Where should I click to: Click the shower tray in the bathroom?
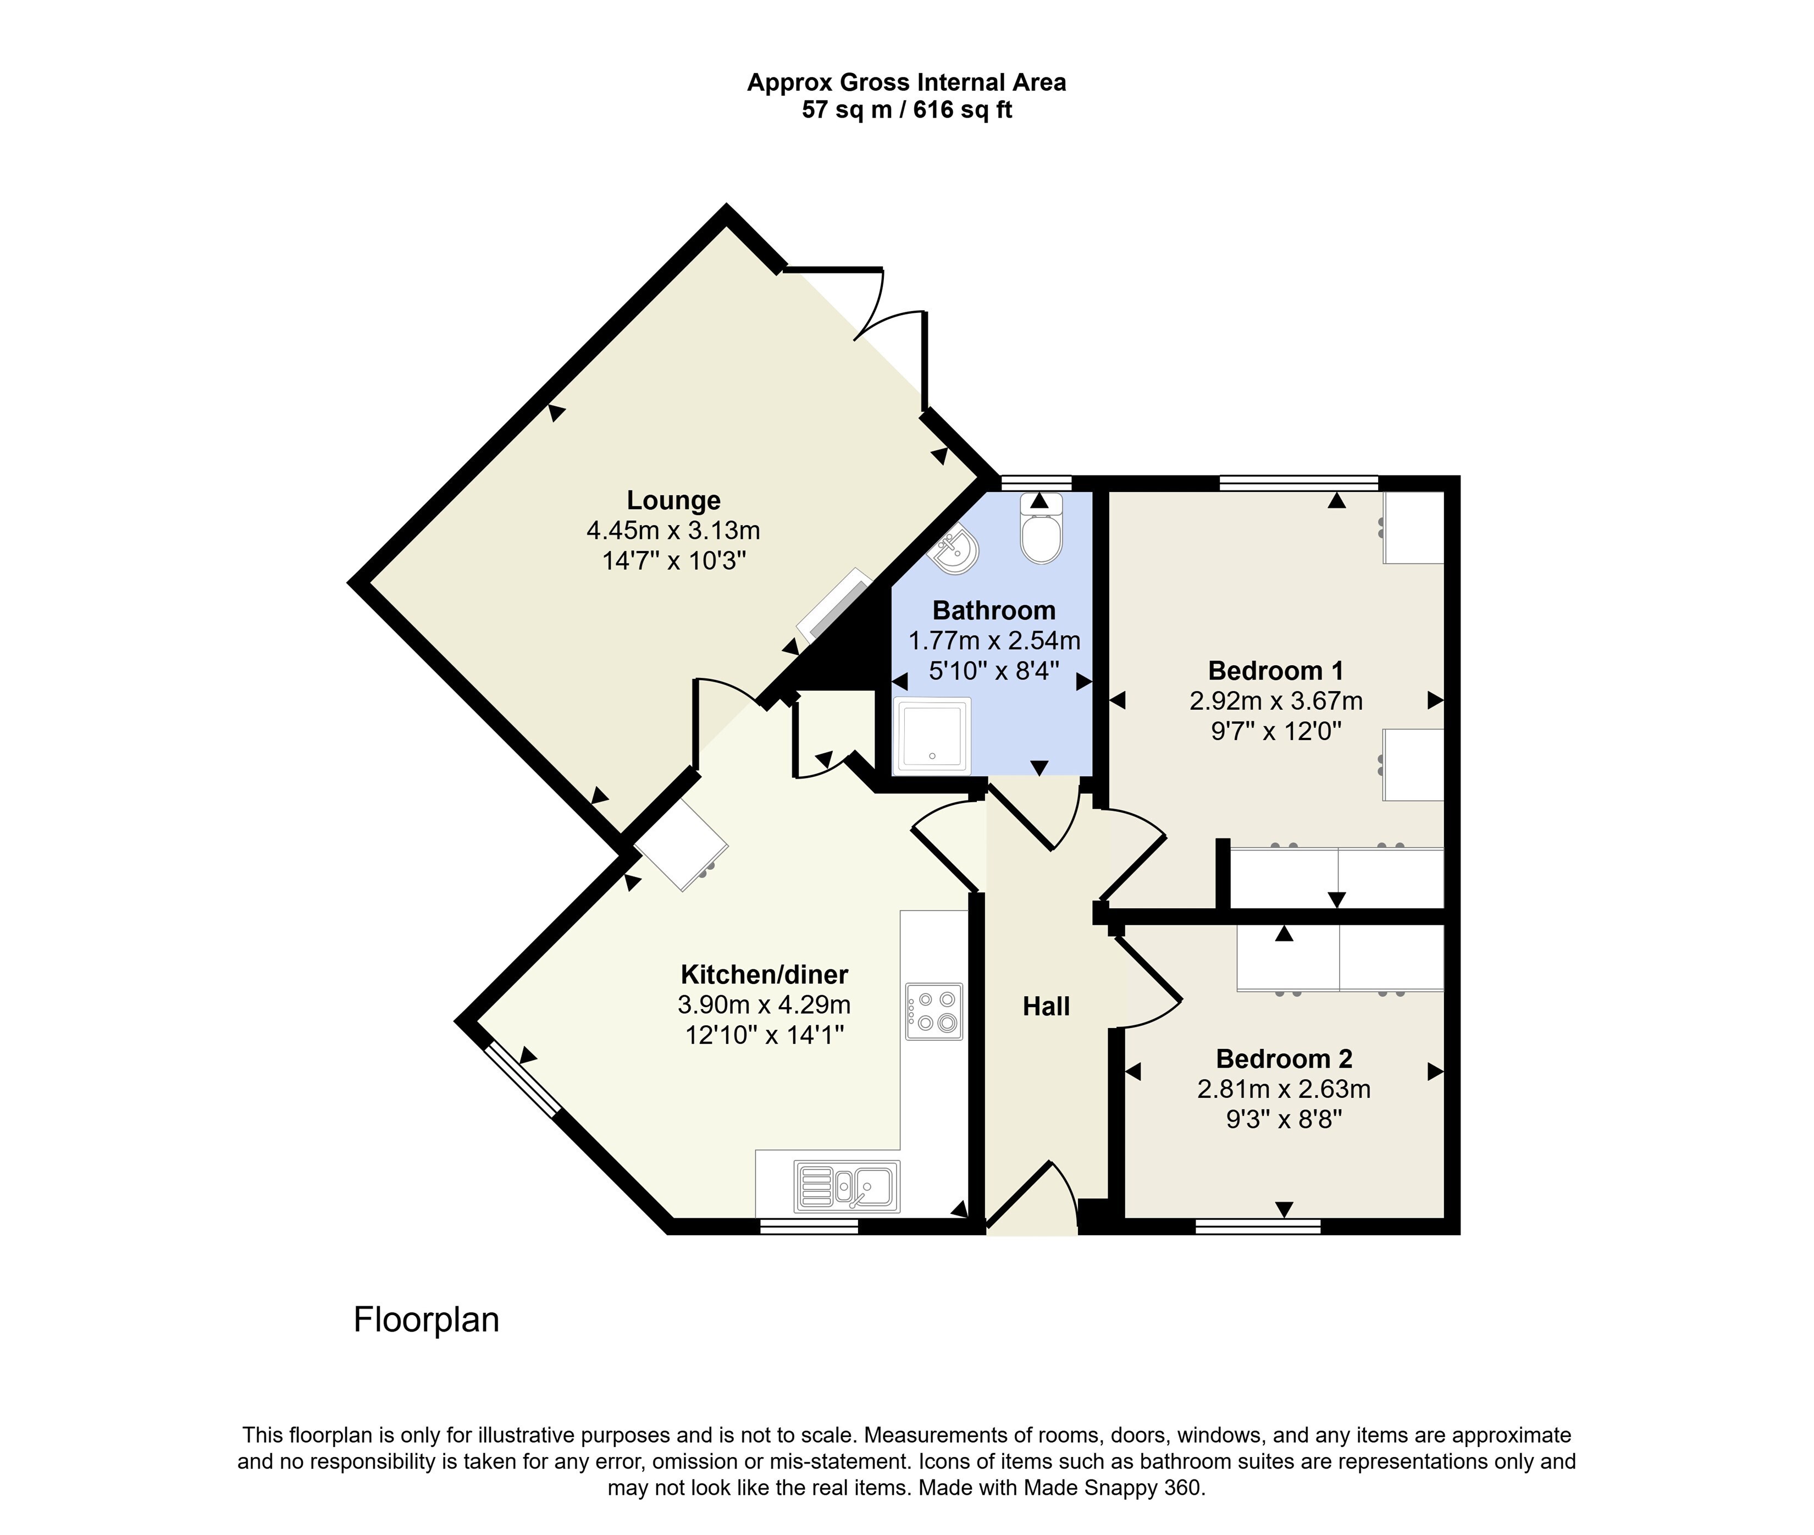click(x=932, y=735)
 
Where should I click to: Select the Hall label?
click(x=1046, y=1007)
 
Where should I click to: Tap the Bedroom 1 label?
click(x=1275, y=671)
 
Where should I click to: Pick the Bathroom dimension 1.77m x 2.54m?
click(x=994, y=641)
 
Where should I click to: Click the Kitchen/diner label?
click(x=764, y=975)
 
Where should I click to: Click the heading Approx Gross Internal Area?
click(x=906, y=82)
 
